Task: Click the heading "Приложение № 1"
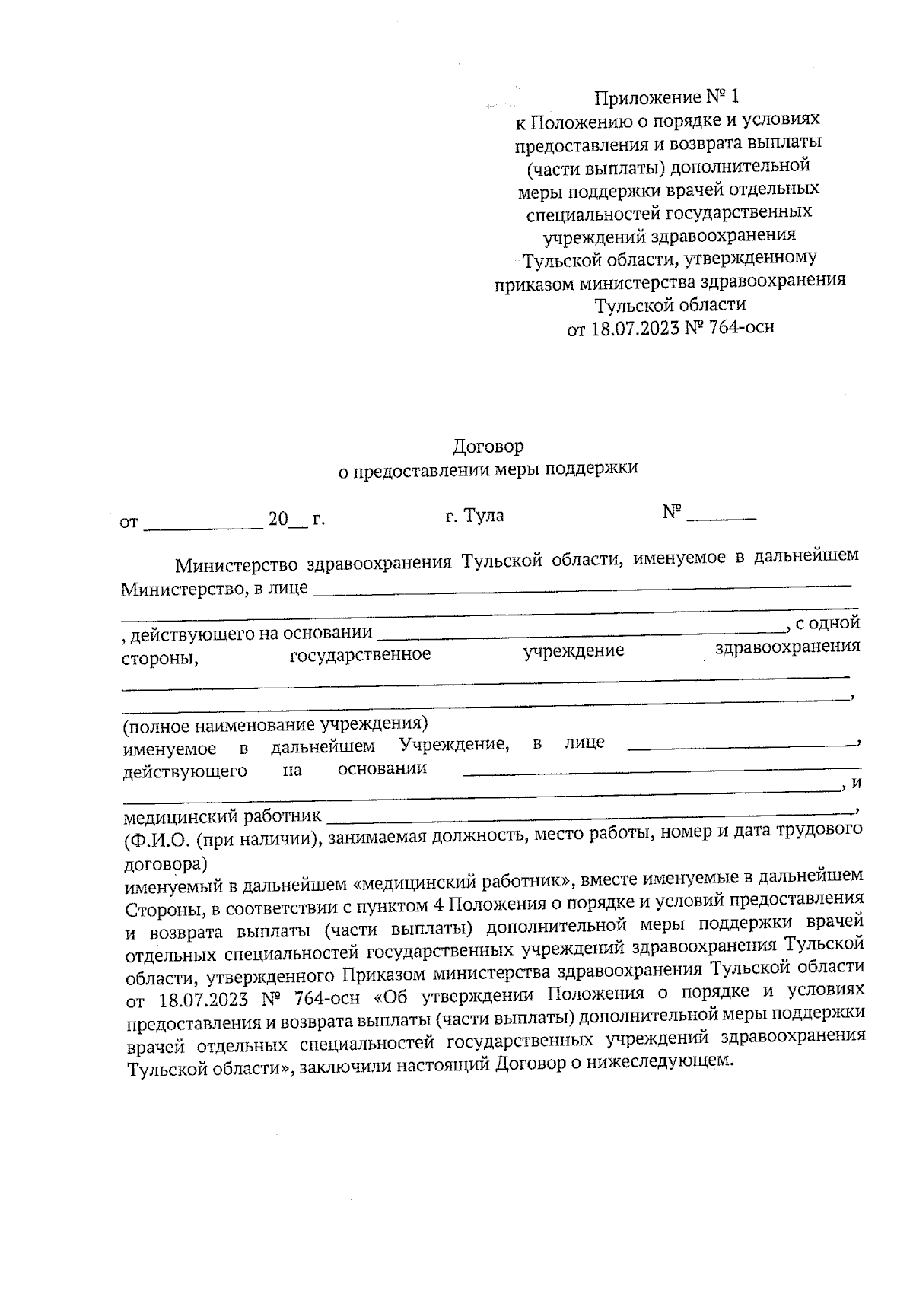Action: [x=666, y=97]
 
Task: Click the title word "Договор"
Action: [x=488, y=446]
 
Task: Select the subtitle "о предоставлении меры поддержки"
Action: [x=487, y=469]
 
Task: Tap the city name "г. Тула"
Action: [x=475, y=516]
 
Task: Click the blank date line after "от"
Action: [x=202, y=524]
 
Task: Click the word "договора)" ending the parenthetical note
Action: [x=165, y=864]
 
